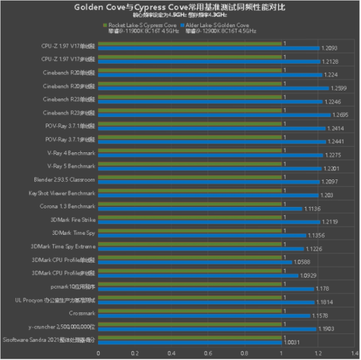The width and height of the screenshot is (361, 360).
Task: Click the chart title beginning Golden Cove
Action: [x=180, y=7]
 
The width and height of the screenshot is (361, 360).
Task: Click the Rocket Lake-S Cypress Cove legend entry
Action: [x=143, y=25]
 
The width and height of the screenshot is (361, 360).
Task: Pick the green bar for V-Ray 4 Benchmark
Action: [x=189, y=151]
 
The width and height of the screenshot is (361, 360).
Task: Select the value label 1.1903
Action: [x=326, y=329]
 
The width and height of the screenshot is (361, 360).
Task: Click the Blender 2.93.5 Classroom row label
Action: [x=64, y=179]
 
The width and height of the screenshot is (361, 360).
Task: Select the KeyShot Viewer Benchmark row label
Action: [x=61, y=193]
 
